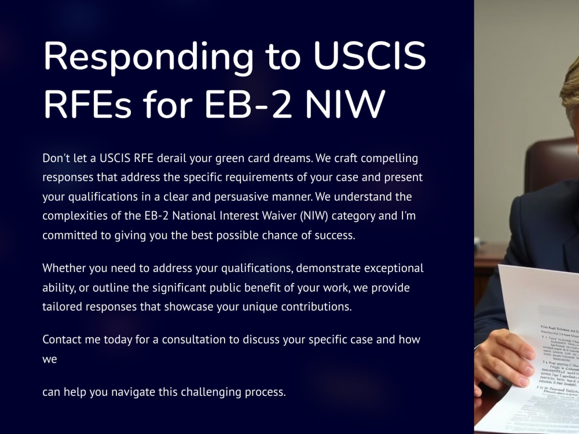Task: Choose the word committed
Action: [x=69, y=236]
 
